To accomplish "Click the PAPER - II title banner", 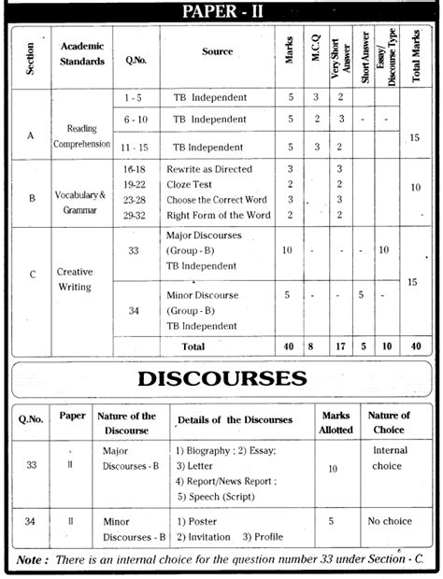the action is pos(221,11).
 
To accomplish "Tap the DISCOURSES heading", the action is pos(221,378).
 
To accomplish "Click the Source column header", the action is pos(217,51).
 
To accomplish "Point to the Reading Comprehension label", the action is pos(81,136).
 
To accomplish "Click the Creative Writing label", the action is pos(75,279).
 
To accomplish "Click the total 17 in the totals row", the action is pos(340,346).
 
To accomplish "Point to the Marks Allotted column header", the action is pos(336,422).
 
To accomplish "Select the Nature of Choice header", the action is pos(389,422).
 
